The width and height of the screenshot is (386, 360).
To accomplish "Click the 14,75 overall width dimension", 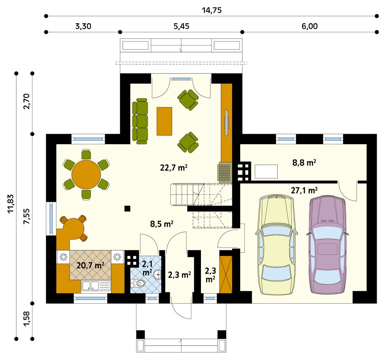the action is pyautogui.click(x=211, y=10).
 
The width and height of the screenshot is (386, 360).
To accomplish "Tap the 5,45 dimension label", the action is pyautogui.click(x=181, y=26).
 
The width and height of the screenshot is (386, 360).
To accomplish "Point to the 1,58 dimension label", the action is pyautogui.click(x=27, y=319).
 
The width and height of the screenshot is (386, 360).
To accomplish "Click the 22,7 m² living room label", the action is pyautogui.click(x=174, y=168).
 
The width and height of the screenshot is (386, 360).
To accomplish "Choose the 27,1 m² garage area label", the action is pyautogui.click(x=304, y=190).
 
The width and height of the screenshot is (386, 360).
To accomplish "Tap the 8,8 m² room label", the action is pyautogui.click(x=304, y=163).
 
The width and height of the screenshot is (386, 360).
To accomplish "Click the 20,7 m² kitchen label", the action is pyautogui.click(x=90, y=265).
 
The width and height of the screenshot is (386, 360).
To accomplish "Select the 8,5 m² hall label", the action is pyautogui.click(x=162, y=224).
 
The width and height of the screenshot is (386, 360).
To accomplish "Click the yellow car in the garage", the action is pyautogui.click(x=276, y=245).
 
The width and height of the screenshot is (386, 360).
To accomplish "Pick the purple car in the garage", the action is pyautogui.click(x=327, y=245).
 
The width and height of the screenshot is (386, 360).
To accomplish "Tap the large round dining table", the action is pyautogui.click(x=86, y=175).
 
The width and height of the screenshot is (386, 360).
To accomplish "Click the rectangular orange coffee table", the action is pyautogui.click(x=164, y=121).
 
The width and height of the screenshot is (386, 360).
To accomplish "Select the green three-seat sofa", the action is pyautogui.click(x=140, y=121).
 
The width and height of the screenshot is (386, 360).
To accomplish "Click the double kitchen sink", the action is pyautogui.click(x=96, y=286).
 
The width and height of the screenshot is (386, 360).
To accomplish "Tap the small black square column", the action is pyautogui.click(x=127, y=209).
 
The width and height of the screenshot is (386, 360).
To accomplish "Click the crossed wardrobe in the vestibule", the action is pyautogui.click(x=226, y=275).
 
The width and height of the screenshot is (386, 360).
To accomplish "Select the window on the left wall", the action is pyautogui.click(x=51, y=219).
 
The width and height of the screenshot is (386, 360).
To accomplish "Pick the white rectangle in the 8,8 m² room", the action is pyautogui.click(x=266, y=171).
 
